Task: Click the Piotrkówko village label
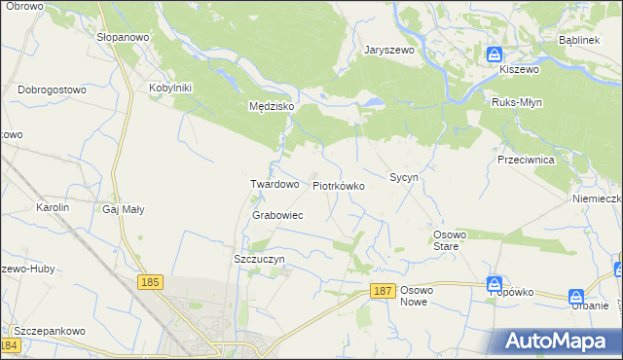click(338, 185)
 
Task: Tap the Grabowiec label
click(277, 215)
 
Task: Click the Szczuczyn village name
click(259, 260)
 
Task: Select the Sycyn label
click(404, 178)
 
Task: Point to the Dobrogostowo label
click(53, 90)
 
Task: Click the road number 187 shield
click(383, 291)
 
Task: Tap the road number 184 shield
click(11, 345)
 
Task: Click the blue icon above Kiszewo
click(495, 54)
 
